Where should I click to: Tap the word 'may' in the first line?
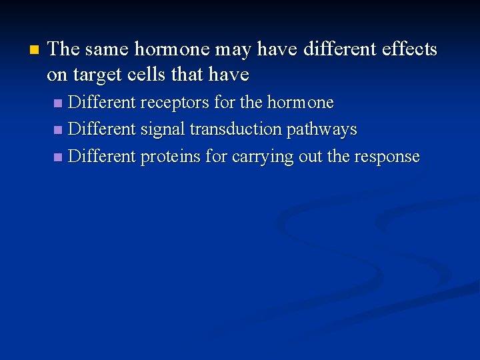tap(232, 50)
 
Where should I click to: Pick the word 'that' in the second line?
tap(187, 75)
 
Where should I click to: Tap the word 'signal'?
tap(163, 129)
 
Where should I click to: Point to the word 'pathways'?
tap(322, 130)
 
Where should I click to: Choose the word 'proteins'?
tap(169, 157)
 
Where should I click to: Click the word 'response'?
tap(387, 157)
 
